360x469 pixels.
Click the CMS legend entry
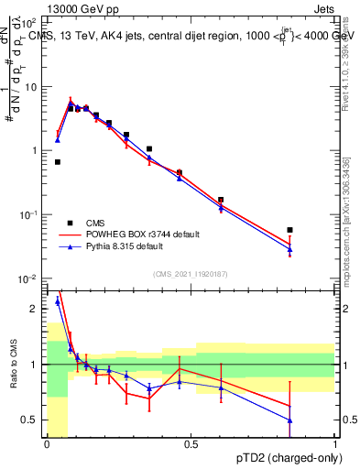(95, 223)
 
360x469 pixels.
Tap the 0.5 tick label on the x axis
(191, 444)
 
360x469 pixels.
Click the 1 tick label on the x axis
(335, 444)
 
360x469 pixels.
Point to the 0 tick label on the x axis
(47, 444)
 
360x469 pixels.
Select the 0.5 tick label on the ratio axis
(30, 420)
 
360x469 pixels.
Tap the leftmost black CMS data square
(57, 162)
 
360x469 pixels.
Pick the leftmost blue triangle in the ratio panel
(57, 300)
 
